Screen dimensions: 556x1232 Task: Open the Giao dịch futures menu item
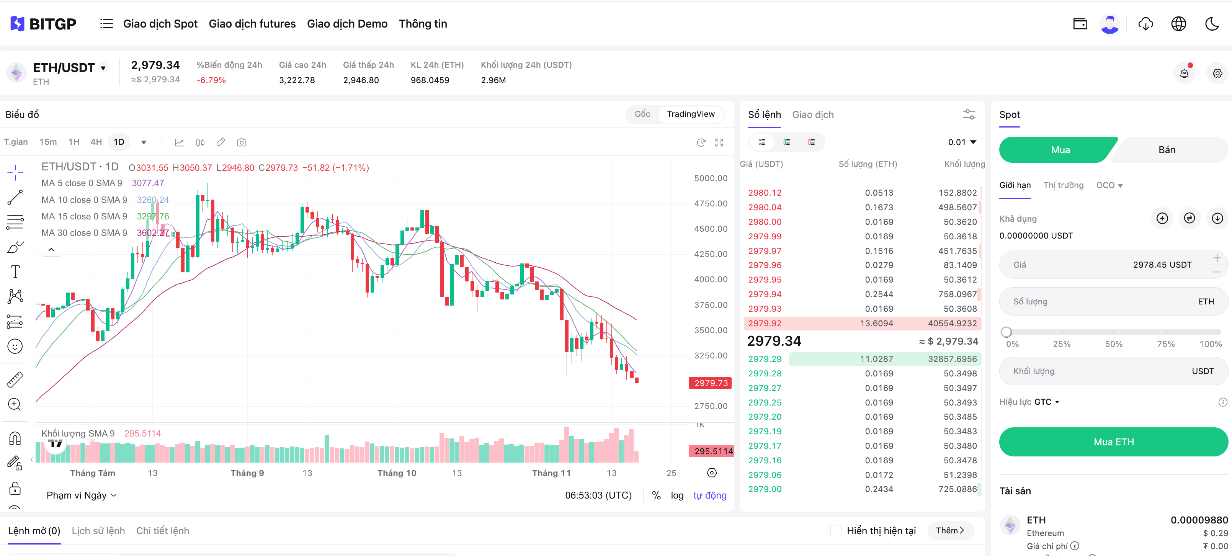(252, 24)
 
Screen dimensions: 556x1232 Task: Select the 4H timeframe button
(96, 142)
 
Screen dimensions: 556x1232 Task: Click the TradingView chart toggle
(690, 114)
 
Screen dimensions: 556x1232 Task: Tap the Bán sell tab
(1167, 150)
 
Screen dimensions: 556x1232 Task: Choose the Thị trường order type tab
(1063, 185)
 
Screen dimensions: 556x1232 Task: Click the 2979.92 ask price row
(765, 324)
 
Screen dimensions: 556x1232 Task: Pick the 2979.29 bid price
(765, 359)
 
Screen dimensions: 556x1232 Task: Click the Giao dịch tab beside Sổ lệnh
(812, 115)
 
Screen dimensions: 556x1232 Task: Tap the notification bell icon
(1184, 74)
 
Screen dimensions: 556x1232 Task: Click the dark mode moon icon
(1212, 24)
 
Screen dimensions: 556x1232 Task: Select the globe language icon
(1178, 24)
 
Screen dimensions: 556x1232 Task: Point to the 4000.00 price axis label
(711, 280)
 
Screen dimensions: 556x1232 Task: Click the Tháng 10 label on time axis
(397, 473)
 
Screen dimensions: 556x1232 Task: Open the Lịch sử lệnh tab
(98, 531)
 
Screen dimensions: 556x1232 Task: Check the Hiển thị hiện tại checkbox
(835, 531)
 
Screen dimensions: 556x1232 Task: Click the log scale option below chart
(677, 495)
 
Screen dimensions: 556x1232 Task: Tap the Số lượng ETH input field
(1100, 301)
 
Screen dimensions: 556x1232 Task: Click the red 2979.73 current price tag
(711, 383)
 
